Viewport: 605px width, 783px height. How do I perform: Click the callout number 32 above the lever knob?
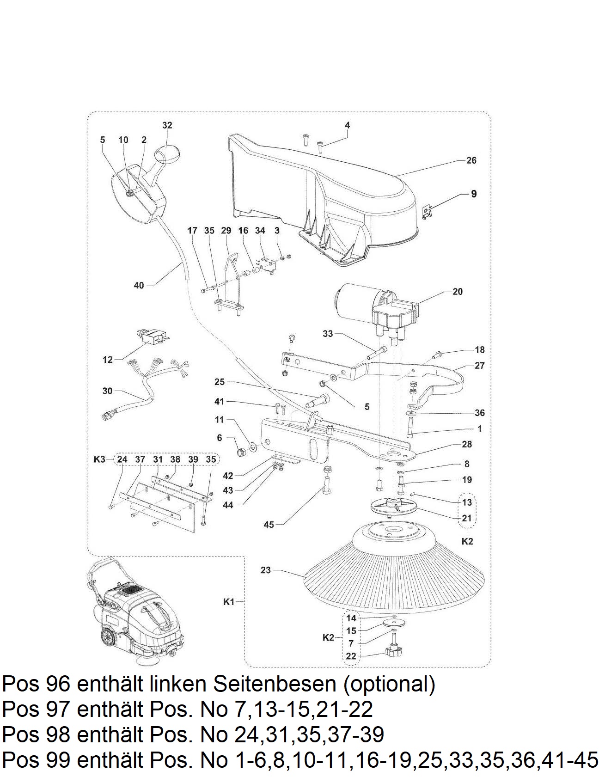point(167,125)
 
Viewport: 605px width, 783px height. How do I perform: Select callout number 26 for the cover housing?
point(471,160)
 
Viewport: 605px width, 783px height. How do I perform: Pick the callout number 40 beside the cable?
point(139,285)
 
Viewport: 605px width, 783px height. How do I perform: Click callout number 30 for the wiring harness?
point(107,391)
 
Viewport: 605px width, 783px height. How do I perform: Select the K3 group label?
point(99,459)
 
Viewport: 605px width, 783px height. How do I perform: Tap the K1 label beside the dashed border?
point(229,602)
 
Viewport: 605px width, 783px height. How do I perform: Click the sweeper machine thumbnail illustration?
point(134,610)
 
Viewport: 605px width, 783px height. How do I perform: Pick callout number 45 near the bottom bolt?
point(269,525)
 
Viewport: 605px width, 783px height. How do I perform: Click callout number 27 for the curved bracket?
point(480,366)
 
